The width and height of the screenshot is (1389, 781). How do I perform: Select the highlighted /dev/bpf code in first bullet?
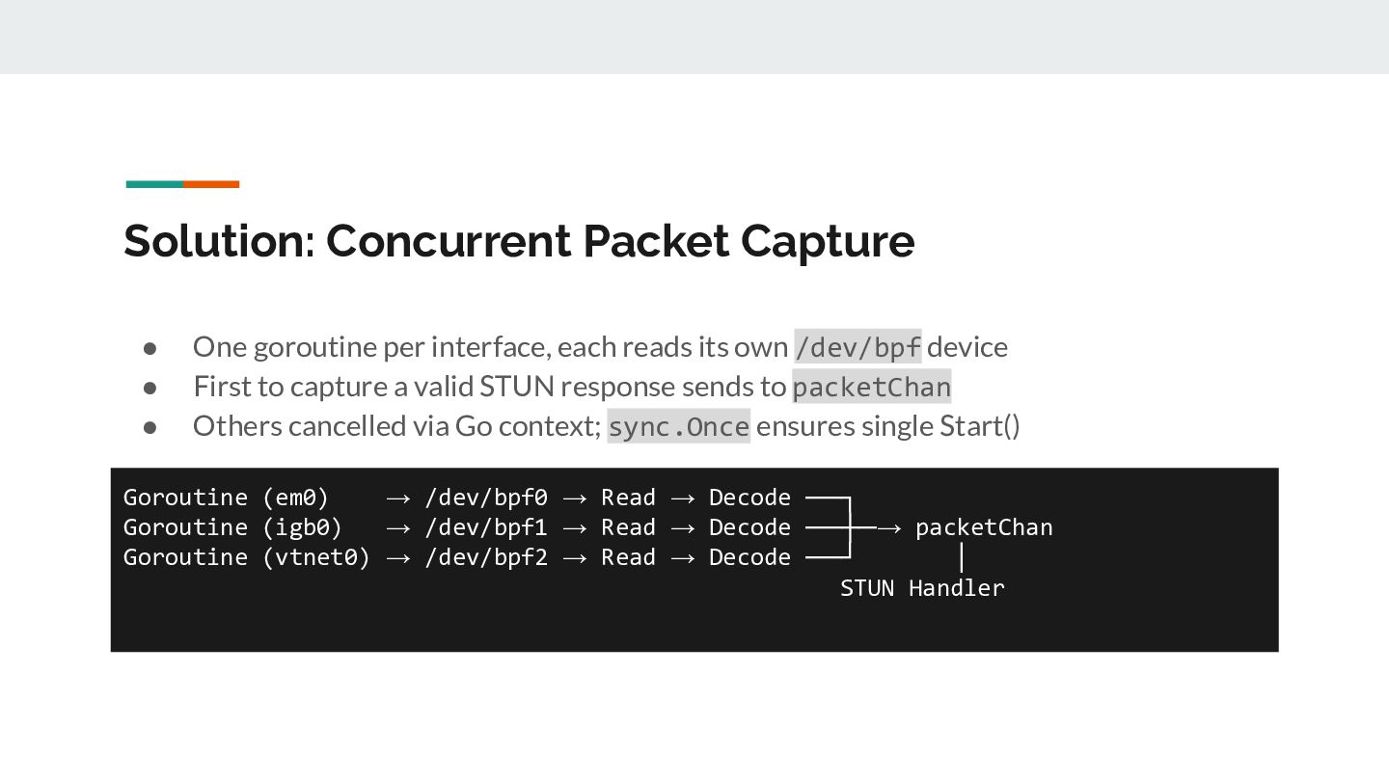(858, 346)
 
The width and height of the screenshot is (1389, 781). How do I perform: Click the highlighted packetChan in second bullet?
(871, 387)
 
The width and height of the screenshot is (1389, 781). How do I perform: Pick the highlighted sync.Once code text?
(678, 426)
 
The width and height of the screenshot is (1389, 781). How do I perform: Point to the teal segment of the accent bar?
(154, 184)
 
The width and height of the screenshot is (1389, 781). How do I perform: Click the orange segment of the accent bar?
(211, 184)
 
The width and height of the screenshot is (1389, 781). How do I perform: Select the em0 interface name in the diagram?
(295, 498)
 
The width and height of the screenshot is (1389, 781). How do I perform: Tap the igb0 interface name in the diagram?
(302, 527)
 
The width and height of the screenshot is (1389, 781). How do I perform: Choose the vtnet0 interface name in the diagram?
(316, 557)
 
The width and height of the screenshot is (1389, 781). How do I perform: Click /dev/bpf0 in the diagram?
(486, 498)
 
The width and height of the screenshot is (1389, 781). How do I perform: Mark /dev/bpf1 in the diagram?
(486, 527)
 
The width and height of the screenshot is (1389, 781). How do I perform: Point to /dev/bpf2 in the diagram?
(486, 557)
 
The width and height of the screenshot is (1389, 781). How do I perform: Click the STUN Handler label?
(922, 588)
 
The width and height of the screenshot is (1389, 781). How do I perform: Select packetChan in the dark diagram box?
(984, 527)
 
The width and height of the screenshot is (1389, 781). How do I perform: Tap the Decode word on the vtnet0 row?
(749, 557)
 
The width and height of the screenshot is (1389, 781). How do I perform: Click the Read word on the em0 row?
(628, 498)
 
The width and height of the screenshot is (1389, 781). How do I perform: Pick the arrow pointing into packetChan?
(888, 527)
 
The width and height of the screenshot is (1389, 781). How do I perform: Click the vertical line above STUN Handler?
(962, 557)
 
